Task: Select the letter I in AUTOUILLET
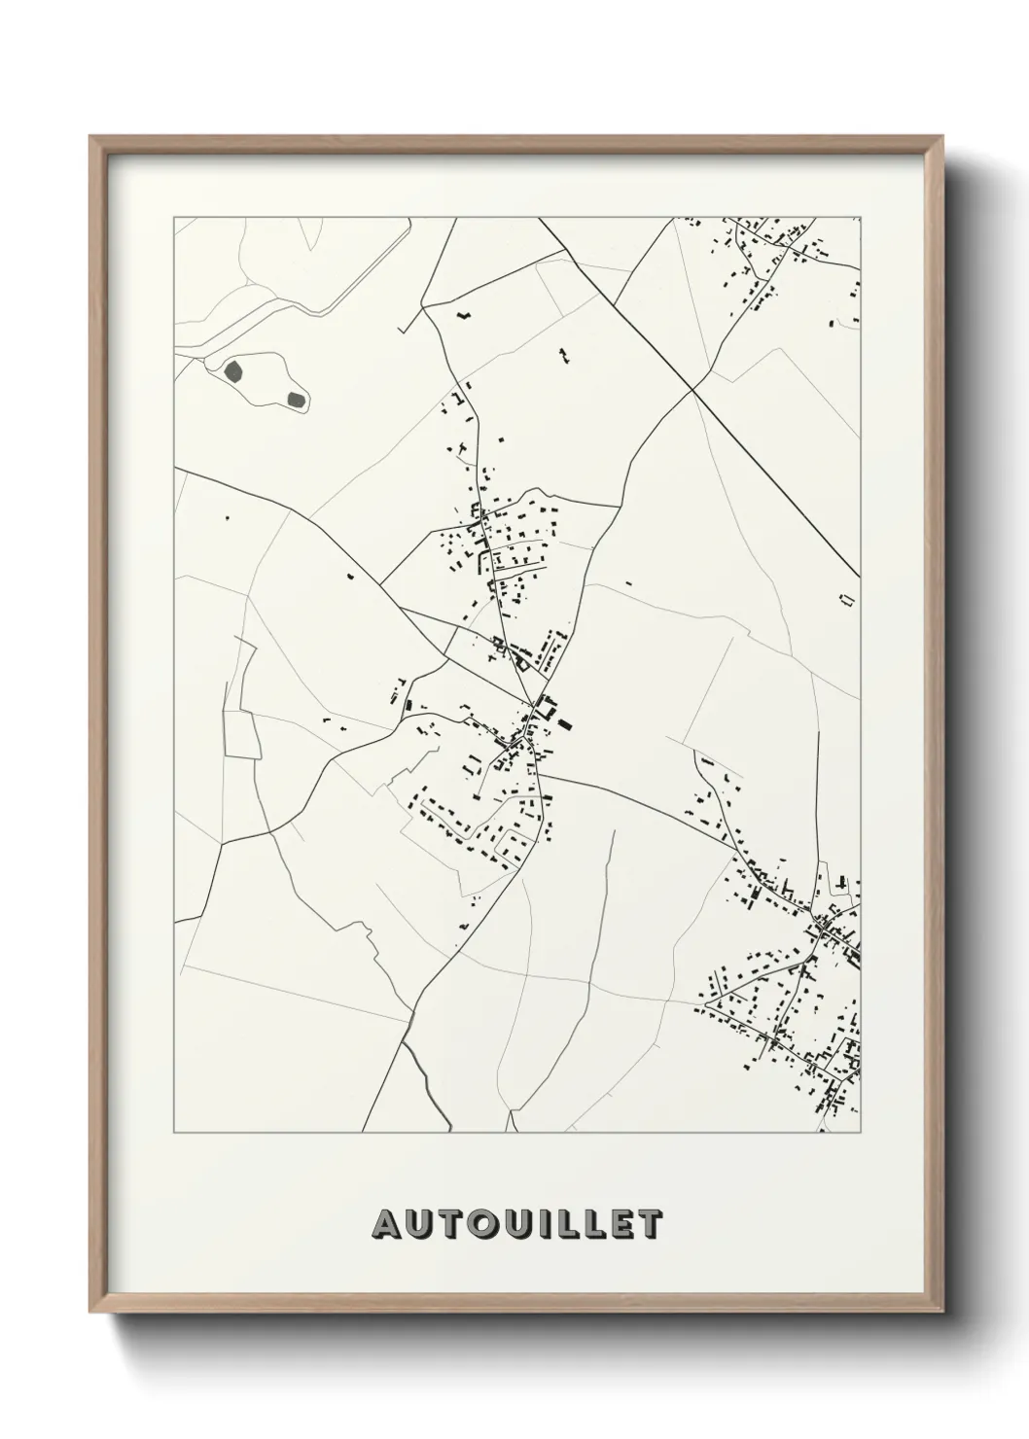click(542, 1225)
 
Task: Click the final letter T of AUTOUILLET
click(651, 1225)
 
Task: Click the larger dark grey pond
click(234, 369)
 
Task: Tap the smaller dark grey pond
click(296, 398)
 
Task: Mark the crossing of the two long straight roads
click(692, 389)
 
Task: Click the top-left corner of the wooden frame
click(90, 136)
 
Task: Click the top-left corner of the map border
click(174, 217)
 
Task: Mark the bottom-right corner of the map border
click(860, 1133)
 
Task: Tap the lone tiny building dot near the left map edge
click(227, 517)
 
